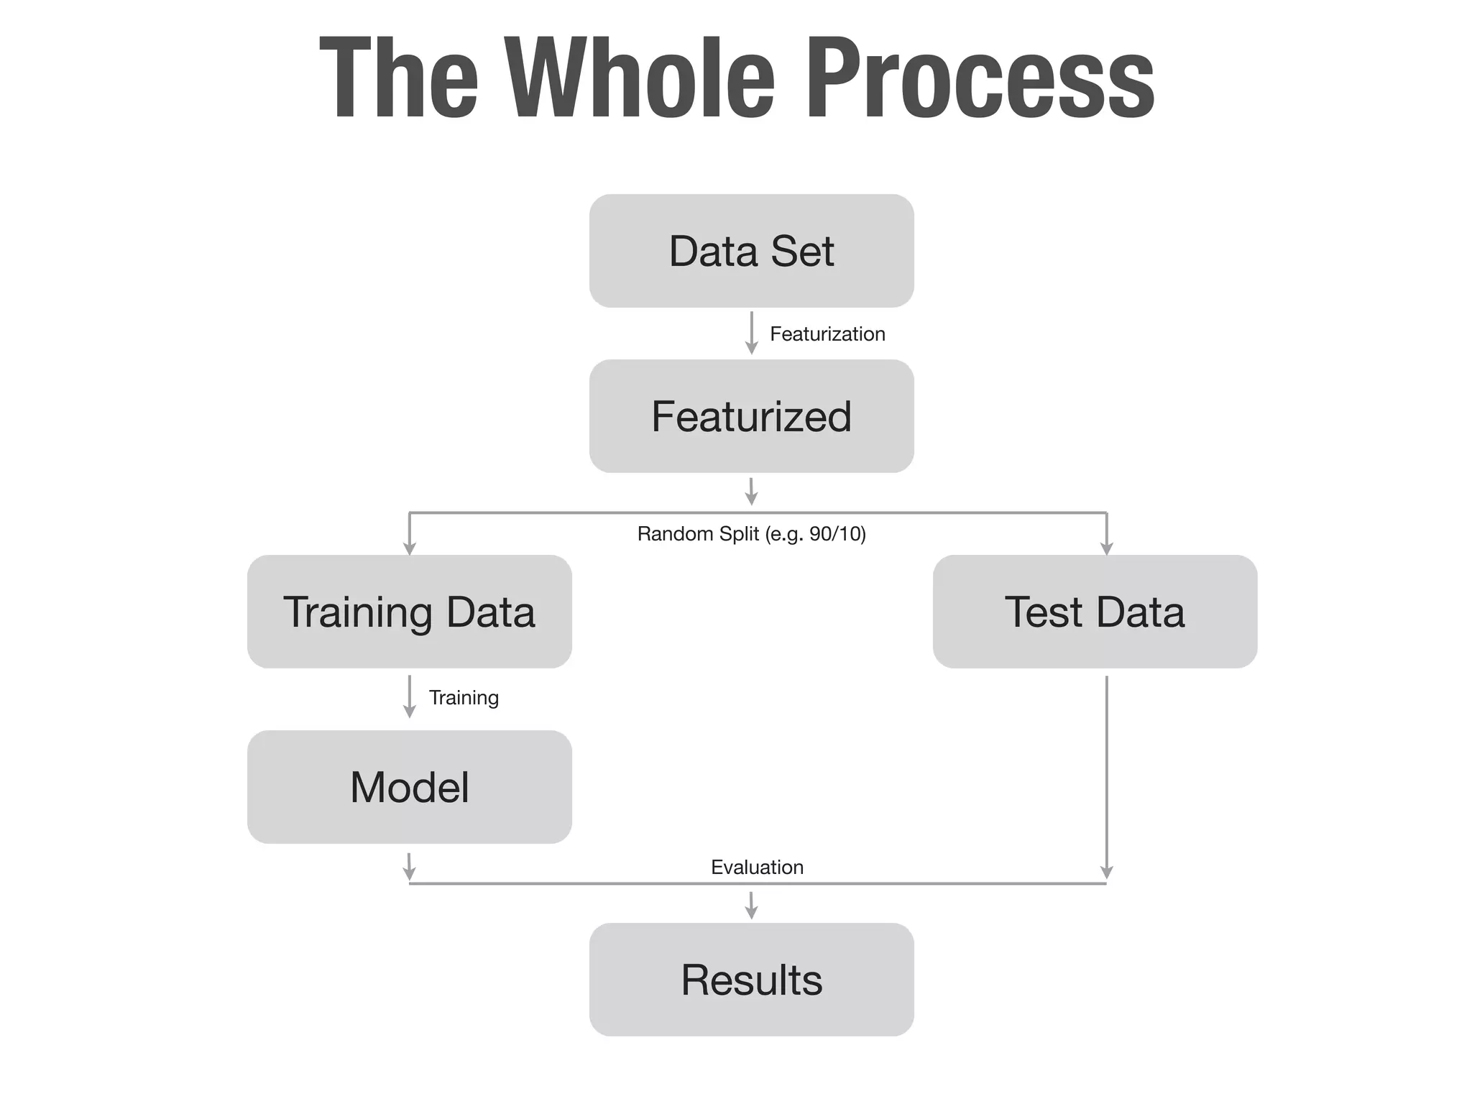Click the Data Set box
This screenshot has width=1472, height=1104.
coord(751,251)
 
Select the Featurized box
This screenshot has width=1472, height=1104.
coord(751,416)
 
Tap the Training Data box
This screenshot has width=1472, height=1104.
coord(409,612)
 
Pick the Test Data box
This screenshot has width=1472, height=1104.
coord(1094,612)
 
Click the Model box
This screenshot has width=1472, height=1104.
coord(409,787)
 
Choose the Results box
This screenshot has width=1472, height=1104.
coord(751,980)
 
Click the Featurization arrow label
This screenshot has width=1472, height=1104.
coord(827,333)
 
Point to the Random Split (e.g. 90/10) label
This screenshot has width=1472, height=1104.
coord(751,534)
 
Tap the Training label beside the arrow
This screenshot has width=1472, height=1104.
coord(464,697)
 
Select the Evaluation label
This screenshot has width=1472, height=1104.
coord(757,867)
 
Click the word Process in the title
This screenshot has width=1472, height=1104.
coord(980,78)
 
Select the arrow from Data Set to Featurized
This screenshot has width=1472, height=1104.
coord(751,332)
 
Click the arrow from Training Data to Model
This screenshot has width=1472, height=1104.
coord(409,696)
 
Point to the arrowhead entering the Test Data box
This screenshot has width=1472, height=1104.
coord(1106,548)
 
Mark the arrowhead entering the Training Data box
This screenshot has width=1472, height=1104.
coord(409,548)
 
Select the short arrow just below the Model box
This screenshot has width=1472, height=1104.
coord(409,867)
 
